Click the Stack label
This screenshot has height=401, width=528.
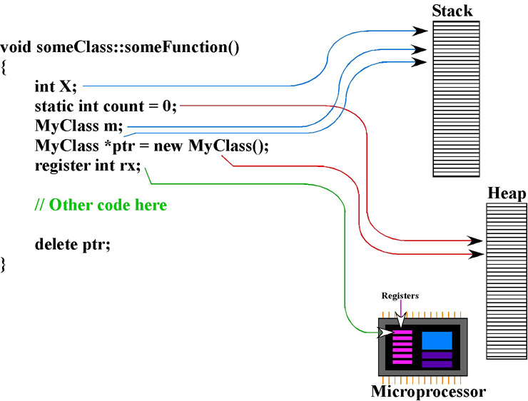[452, 11]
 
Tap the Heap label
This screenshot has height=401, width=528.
[507, 193]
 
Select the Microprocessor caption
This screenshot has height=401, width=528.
[428, 392]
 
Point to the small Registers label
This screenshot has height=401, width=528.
[400, 295]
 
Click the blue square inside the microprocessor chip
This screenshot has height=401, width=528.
[437, 340]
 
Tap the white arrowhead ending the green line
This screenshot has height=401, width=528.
[385, 333]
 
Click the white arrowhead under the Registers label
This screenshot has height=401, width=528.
[401, 319]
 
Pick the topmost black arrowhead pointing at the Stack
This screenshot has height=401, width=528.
[420, 31]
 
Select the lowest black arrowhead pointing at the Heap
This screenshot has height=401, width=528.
[476, 254]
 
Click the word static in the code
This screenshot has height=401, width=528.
[54, 106]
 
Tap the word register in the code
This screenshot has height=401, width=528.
[63, 166]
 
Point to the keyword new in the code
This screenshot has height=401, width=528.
[168, 146]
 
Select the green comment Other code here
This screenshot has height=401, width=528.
[101, 205]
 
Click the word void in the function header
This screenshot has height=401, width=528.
[16, 47]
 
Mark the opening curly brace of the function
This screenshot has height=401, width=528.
[3, 66]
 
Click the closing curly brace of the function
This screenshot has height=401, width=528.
[3, 264]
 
